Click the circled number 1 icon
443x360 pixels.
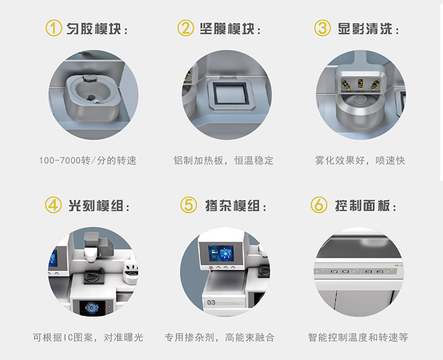[x=54, y=28]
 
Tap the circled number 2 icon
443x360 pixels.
[x=186, y=28]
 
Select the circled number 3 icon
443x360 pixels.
[x=322, y=28]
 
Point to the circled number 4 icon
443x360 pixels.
[x=53, y=205]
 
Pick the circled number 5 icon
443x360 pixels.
[x=189, y=205]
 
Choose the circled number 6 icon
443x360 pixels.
[x=319, y=205]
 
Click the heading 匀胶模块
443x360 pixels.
[x=94, y=29]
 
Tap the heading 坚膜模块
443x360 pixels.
[x=227, y=29]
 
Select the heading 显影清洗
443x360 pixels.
[x=365, y=29]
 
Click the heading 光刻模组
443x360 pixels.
[x=96, y=205]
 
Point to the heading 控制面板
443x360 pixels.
[x=362, y=205]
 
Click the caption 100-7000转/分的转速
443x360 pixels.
[x=87, y=160]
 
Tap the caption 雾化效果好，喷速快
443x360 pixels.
[x=360, y=160]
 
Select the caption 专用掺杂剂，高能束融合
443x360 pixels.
[x=219, y=337]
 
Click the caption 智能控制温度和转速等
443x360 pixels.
[x=358, y=337]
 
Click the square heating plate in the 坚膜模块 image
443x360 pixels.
[x=229, y=94]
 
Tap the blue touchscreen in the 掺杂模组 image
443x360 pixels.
[x=221, y=253]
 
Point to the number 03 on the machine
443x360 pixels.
[x=211, y=302]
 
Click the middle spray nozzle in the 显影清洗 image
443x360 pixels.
[x=361, y=84]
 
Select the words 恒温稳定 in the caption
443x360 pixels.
[x=254, y=160]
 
